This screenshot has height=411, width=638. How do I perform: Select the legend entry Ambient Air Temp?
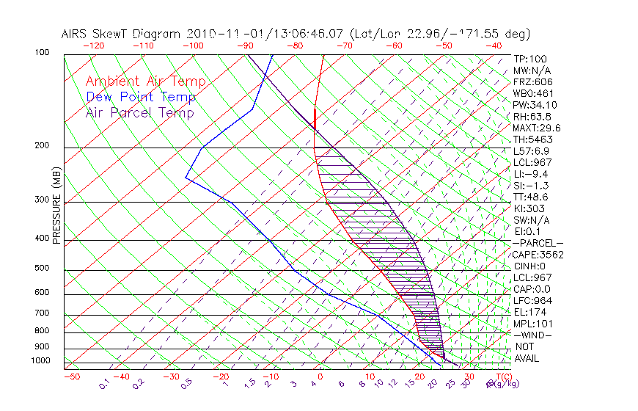pos(145,81)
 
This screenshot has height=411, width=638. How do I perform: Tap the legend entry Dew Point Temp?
pos(141,97)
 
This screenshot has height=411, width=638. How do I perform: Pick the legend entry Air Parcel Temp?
pos(139,112)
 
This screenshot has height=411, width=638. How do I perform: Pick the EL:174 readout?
pos(529,312)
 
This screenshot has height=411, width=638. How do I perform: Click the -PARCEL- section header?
pos(538,243)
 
